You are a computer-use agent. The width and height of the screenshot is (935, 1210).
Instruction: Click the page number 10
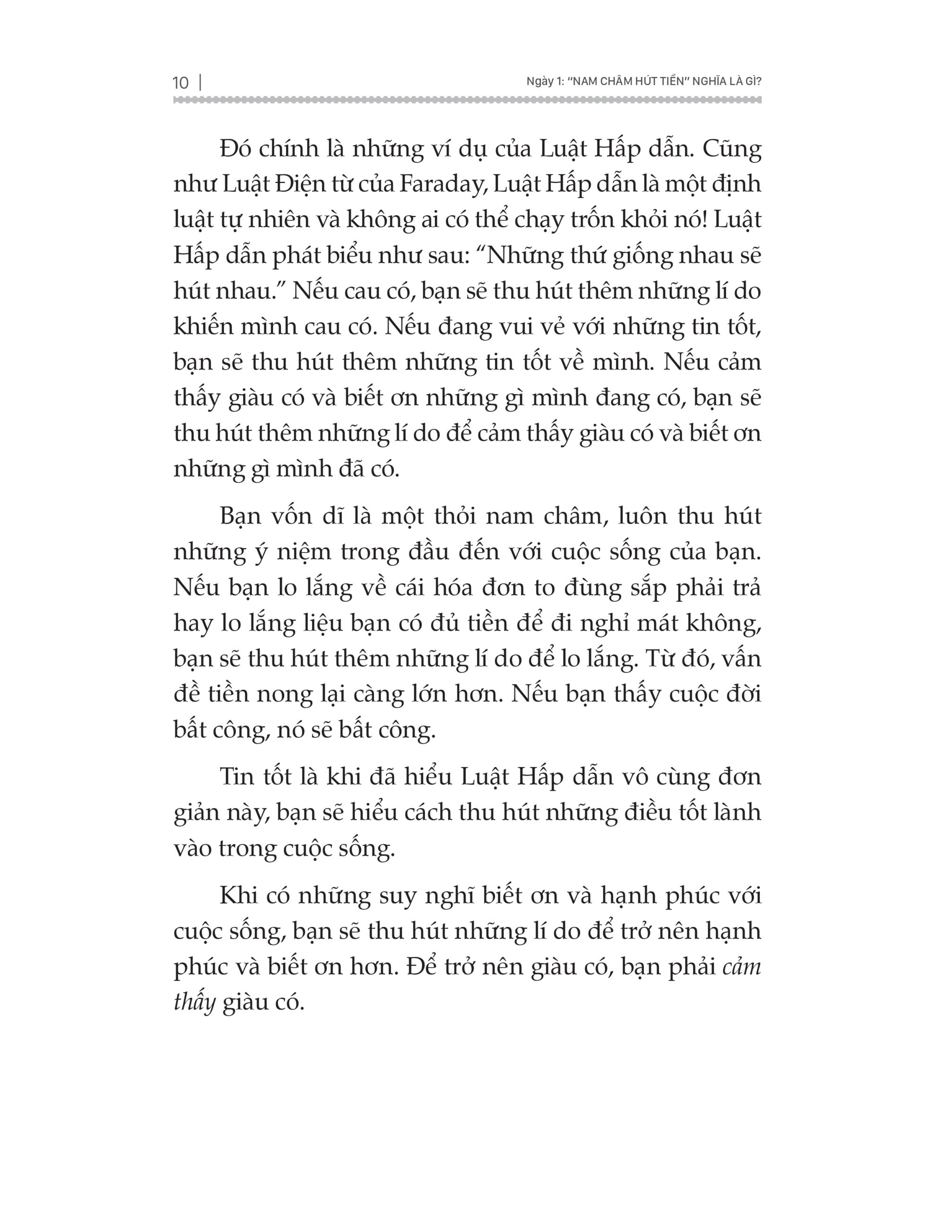[181, 83]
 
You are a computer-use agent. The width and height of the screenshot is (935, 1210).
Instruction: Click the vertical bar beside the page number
[199, 83]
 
